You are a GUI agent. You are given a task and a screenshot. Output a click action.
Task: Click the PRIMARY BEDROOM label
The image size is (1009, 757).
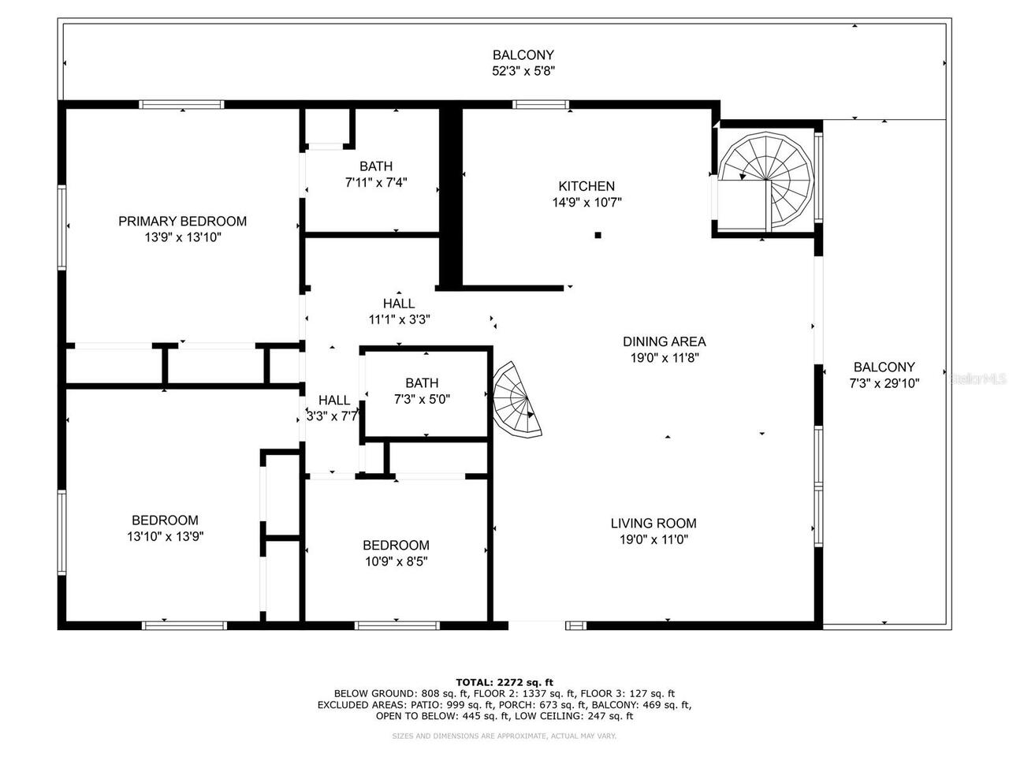(x=182, y=222)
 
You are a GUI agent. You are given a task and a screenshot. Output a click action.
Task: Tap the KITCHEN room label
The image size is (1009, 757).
(x=586, y=187)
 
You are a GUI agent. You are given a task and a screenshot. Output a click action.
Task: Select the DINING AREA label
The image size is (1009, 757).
(x=664, y=342)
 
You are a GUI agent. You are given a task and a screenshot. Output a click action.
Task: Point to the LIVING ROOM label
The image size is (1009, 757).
(x=653, y=524)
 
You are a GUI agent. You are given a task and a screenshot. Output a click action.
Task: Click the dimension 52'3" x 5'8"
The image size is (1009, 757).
(x=523, y=70)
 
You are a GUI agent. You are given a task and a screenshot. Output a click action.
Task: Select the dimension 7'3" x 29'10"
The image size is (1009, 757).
(x=884, y=383)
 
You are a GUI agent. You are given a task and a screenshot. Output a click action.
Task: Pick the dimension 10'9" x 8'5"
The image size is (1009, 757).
(x=396, y=561)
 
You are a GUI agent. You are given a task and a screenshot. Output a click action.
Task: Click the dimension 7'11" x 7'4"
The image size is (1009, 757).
(x=376, y=182)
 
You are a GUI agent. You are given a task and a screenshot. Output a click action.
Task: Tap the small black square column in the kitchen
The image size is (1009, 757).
(x=598, y=235)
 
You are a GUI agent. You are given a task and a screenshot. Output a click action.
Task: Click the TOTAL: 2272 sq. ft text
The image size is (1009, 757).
(x=504, y=682)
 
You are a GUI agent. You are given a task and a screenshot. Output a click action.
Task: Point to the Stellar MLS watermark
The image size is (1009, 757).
(x=977, y=379)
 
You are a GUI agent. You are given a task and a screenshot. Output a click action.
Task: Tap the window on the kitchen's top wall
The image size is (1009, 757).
(x=541, y=104)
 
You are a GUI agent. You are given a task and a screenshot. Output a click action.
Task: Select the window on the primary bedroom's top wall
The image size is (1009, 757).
(x=182, y=104)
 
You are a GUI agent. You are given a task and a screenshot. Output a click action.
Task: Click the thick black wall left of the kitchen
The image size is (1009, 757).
(x=449, y=197)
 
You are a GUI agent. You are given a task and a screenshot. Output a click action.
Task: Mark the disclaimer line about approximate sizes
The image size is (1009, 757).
(x=504, y=736)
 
